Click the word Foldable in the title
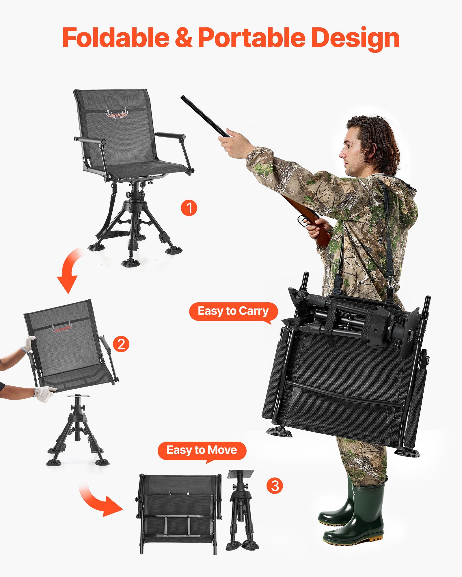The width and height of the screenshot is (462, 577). click(115, 38)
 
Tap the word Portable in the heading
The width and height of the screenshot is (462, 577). click(251, 38)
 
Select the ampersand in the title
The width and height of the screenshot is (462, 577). click(184, 38)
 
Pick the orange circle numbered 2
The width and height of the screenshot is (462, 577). click(121, 344)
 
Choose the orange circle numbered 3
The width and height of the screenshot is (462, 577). click(275, 486)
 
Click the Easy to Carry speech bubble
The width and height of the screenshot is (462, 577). click(233, 311)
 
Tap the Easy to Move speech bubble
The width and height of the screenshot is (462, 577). click(202, 450)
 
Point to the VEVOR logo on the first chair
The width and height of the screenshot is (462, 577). click(117, 114)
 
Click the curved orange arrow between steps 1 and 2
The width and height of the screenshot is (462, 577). click(69, 271)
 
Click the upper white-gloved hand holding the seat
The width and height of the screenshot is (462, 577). click(29, 343)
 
